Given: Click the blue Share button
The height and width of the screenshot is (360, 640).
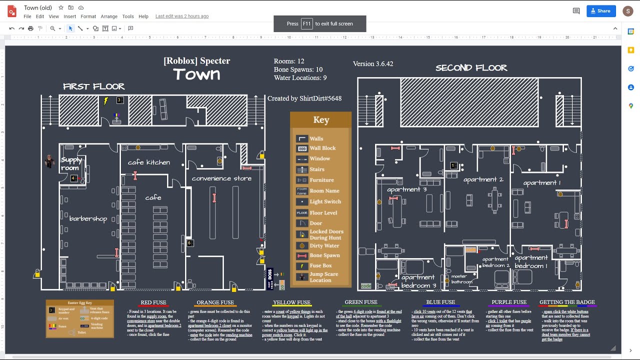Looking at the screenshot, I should click(600, 11).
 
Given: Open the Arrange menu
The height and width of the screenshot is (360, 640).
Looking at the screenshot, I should click(109, 16).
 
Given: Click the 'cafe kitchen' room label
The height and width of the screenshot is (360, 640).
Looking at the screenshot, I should click(149, 162).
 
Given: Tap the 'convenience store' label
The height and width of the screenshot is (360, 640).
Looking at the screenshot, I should click(221, 178).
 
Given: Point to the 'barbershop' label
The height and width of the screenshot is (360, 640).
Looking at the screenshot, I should click(88, 218).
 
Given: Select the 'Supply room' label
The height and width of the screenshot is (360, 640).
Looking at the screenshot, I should click(70, 164).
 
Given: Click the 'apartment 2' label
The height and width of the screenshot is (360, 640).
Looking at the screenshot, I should click(483, 179).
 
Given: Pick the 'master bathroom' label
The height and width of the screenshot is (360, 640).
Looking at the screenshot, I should click(461, 279).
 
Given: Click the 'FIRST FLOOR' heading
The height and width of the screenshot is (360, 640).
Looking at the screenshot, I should click(94, 86).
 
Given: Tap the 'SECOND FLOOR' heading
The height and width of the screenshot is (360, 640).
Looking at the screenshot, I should click(471, 68).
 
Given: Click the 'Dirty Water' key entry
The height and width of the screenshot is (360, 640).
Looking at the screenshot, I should click(324, 245).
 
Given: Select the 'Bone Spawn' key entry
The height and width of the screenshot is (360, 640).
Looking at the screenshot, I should click(324, 255).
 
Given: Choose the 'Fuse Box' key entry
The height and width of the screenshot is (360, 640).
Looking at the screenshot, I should click(320, 266).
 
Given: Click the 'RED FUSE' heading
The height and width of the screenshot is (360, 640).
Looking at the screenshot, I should click(153, 302).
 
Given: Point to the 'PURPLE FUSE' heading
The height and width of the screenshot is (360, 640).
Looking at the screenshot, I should click(509, 302).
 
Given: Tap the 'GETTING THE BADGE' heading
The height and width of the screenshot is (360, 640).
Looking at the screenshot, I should click(567, 302).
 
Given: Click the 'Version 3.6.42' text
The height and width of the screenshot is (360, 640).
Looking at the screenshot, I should click(373, 64).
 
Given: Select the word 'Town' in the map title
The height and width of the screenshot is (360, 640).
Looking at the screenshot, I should click(196, 74).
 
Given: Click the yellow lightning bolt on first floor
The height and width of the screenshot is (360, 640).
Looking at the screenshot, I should click(106, 101).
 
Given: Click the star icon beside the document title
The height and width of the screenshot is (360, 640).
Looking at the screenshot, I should click(61, 7).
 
